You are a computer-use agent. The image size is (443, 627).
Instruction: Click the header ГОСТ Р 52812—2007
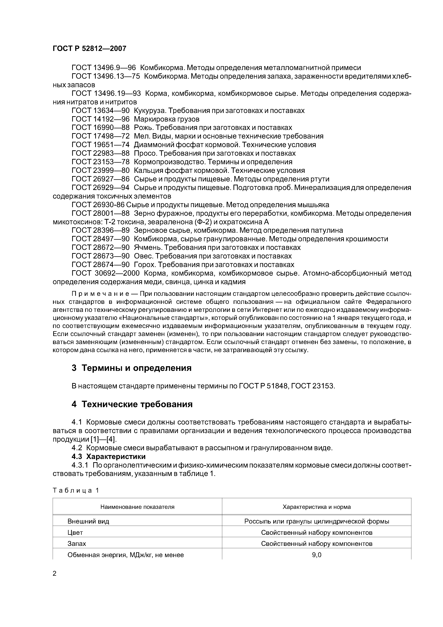(x=89, y=49)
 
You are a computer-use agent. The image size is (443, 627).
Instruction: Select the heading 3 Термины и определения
(x=132, y=368)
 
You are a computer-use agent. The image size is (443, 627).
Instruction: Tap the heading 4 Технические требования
(x=132, y=404)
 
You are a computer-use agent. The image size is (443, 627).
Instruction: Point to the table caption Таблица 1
(x=76, y=490)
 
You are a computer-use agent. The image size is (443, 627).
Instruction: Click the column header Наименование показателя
(x=137, y=507)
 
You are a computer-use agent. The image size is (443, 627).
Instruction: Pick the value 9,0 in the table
(x=317, y=555)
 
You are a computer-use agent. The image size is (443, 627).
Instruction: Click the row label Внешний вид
(x=88, y=521)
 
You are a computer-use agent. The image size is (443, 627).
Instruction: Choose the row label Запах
(x=77, y=544)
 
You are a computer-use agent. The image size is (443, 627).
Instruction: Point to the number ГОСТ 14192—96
(x=100, y=119)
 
